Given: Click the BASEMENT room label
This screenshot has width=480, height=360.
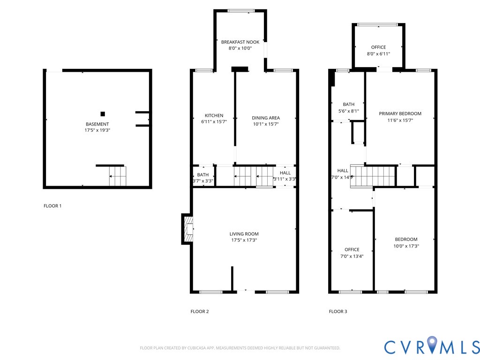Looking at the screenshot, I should (97, 124).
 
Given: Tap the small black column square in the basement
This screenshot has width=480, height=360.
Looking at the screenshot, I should (103, 113).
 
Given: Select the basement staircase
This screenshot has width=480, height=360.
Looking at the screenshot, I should (118, 177).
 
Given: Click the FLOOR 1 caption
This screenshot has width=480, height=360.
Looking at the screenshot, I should (52, 206).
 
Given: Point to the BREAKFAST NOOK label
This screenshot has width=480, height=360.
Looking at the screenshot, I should (240, 42).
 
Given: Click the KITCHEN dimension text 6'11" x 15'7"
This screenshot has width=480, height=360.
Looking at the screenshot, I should (214, 122).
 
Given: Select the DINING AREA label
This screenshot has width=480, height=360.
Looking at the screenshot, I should (266, 118).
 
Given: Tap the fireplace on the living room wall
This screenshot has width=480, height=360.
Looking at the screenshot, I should (187, 229).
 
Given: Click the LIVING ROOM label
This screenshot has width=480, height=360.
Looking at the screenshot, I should (244, 234).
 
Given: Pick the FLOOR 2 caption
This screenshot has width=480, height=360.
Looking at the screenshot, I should (200, 311).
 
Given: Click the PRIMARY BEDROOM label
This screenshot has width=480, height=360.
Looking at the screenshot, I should (400, 113).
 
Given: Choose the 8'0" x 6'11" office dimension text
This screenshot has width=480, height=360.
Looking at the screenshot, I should (378, 54).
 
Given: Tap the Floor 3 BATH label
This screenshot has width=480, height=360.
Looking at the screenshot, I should (348, 105).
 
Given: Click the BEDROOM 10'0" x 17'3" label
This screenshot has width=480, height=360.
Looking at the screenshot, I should (406, 239).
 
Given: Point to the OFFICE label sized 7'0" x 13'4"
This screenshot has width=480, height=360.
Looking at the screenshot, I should (352, 249).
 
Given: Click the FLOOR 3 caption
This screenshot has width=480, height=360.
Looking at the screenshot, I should (338, 311).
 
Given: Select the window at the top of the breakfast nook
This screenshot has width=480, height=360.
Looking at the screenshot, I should (241, 11).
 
